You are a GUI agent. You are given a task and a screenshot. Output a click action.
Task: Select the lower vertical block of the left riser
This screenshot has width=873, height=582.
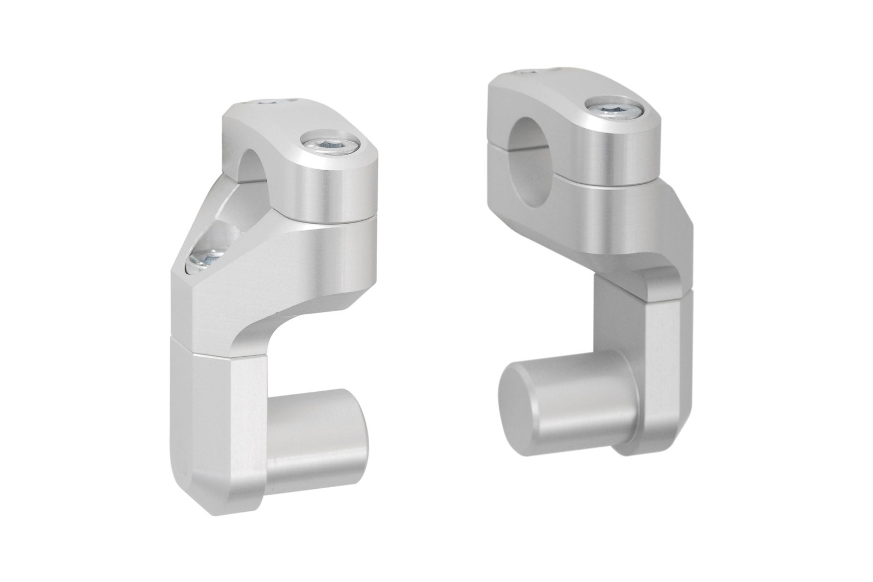click(216, 420)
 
